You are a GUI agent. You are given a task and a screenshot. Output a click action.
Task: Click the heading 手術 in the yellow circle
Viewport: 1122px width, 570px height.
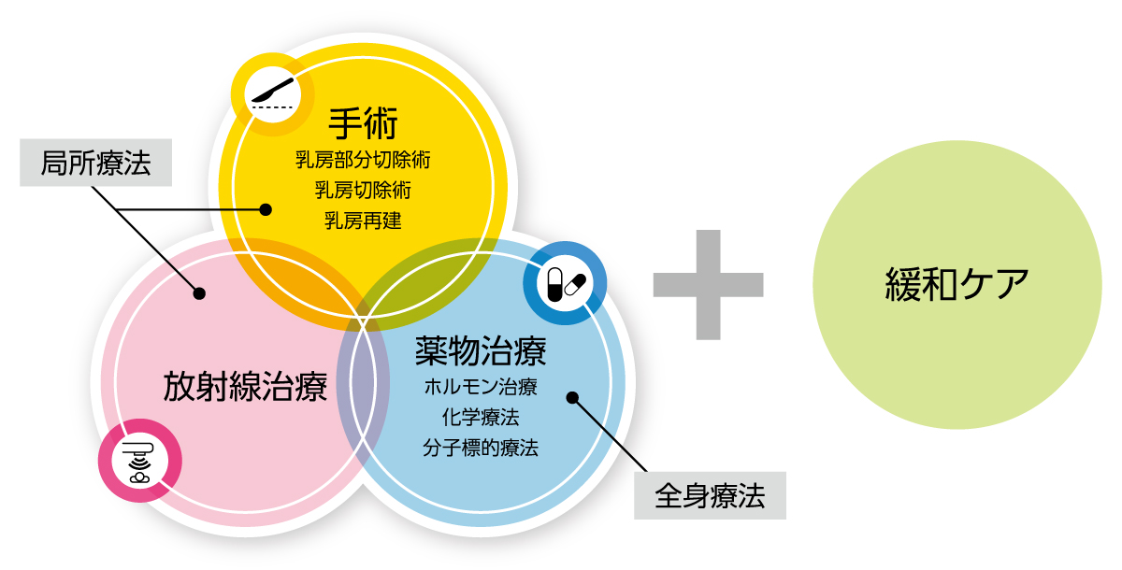coord(363,122)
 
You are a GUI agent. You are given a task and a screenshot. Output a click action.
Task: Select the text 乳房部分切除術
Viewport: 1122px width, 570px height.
coord(363,160)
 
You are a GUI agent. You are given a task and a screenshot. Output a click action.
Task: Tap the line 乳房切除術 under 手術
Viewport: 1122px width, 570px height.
coord(363,191)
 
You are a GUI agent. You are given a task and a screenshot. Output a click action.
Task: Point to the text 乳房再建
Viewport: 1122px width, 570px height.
coord(363,221)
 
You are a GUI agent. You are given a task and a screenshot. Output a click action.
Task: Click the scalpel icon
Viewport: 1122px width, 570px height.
coord(272,93)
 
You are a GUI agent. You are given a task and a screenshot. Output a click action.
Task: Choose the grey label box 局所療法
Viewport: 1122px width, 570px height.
coord(95,163)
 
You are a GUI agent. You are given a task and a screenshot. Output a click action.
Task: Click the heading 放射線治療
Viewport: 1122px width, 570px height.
coord(245,387)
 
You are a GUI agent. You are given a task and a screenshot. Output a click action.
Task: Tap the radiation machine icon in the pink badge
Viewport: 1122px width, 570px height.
coord(139,462)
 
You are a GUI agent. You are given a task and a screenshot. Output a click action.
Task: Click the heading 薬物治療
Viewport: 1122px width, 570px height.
coord(481,351)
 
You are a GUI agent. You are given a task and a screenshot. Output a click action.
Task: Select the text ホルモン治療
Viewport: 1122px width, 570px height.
coord(481,387)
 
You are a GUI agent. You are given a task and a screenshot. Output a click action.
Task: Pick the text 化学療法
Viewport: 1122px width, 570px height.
coord(481,417)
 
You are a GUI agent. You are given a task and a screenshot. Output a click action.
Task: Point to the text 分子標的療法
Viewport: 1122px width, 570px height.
coord(481,448)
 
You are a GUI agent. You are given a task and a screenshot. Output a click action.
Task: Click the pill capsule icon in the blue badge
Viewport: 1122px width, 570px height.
coord(566,284)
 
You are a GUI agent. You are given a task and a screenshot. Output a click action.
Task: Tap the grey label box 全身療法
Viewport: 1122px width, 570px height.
coord(710,495)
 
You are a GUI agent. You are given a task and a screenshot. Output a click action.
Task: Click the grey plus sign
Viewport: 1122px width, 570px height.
coord(709,285)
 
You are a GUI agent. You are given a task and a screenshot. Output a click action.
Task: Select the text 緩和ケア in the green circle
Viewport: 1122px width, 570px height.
coord(957,284)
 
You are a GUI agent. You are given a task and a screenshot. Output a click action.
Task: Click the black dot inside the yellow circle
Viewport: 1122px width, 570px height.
coord(266,209)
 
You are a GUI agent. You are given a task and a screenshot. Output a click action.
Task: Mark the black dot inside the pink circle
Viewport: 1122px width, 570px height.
coord(199,293)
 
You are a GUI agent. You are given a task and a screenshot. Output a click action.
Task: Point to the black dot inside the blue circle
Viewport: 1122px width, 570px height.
coord(572,398)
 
